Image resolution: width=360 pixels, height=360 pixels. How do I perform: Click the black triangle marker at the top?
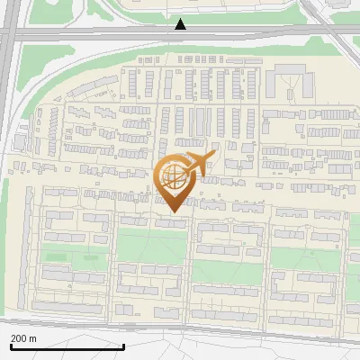click(x=181, y=24)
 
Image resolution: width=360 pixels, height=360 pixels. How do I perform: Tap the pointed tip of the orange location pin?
click(x=173, y=211)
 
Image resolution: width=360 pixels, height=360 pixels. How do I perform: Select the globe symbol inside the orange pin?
click(x=173, y=179)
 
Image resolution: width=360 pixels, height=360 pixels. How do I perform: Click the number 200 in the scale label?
click(x=18, y=338)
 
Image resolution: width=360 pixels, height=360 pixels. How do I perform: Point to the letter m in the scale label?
click(x=33, y=338)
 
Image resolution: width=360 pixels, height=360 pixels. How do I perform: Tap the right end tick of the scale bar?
click(x=123, y=344)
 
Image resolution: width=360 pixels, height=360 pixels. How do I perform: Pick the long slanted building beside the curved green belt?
click(x=90, y=88)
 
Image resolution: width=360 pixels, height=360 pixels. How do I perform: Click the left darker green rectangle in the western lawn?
click(x=56, y=257)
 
